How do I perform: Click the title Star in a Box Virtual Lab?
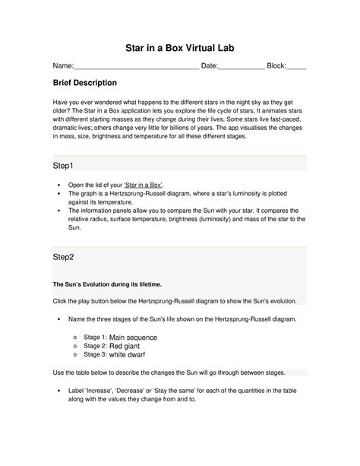click(x=180, y=47)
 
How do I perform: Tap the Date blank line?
click(x=241, y=67)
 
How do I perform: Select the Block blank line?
click(x=296, y=67)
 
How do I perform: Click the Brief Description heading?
click(x=84, y=82)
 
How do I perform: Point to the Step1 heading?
click(x=65, y=165)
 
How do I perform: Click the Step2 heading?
click(x=65, y=258)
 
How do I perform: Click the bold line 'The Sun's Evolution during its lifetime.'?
click(x=106, y=284)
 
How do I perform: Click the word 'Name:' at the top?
click(x=62, y=66)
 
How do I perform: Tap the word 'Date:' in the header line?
click(x=209, y=66)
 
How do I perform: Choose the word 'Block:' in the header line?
click(x=276, y=66)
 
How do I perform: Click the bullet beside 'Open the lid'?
click(x=59, y=185)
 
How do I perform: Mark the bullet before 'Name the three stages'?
click(x=59, y=319)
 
